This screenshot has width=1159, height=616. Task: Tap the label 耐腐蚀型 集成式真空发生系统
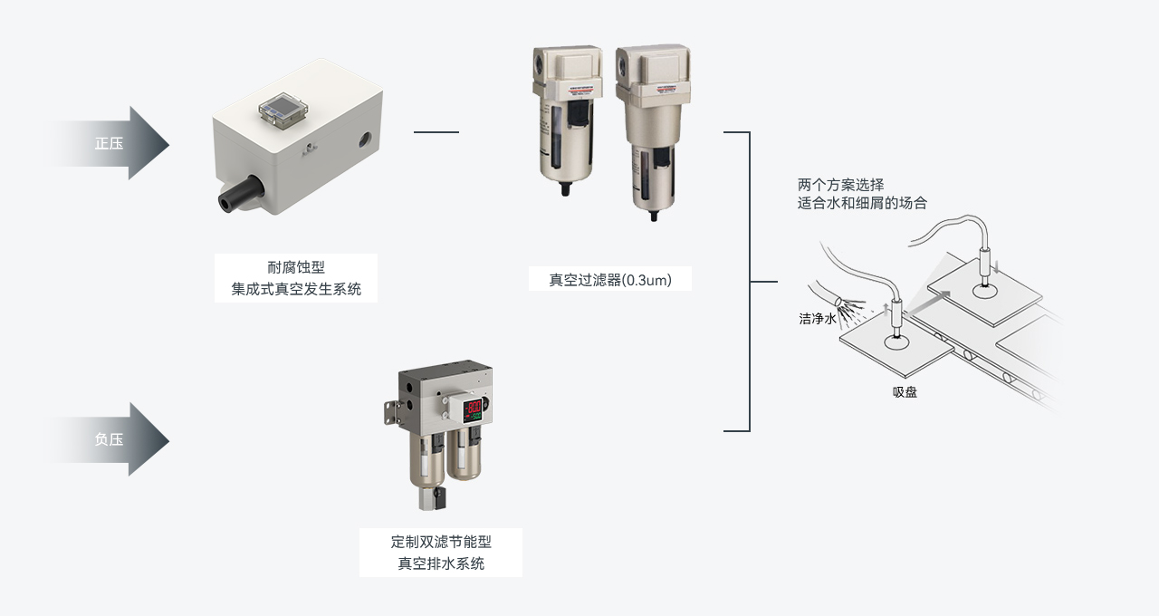pyautogui.click(x=295, y=278)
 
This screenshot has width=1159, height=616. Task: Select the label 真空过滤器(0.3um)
pyautogui.click(x=609, y=280)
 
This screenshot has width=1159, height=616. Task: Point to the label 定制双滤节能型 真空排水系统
pyautogui.click(x=440, y=553)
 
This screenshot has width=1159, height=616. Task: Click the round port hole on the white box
pyautogui.click(x=365, y=140)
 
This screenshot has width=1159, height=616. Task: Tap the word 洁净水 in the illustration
pyautogui.click(x=817, y=319)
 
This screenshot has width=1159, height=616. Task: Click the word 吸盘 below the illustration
pyautogui.click(x=905, y=392)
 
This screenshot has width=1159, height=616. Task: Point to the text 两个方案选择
pyautogui.click(x=840, y=186)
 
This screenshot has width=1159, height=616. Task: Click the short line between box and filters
pyautogui.click(x=436, y=132)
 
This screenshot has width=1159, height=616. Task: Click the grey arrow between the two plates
pyautogui.click(x=938, y=299)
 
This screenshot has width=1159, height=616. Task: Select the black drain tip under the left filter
pyautogui.click(x=566, y=189)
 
